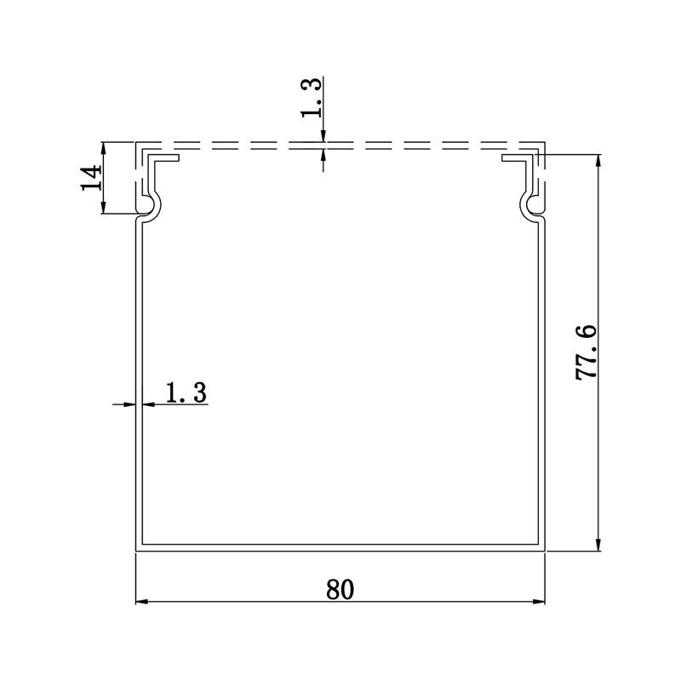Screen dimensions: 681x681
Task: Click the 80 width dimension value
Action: tap(340, 589)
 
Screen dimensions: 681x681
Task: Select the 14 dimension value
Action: tap(91, 177)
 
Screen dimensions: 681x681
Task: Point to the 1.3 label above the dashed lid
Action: tap(312, 98)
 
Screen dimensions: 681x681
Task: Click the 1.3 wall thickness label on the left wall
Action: tap(186, 392)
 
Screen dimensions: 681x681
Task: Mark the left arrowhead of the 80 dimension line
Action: tap(141, 602)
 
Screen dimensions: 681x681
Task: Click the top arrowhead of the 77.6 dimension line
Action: tap(600, 160)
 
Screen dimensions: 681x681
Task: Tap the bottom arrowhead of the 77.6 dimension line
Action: tap(600, 546)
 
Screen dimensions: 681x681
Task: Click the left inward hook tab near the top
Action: tap(167, 158)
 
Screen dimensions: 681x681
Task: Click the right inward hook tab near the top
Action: tap(516, 158)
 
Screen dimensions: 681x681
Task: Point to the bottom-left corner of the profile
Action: tap(138, 549)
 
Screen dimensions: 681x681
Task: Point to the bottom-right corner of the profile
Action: tap(543, 549)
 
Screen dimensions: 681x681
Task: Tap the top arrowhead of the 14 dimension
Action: tap(103, 146)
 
